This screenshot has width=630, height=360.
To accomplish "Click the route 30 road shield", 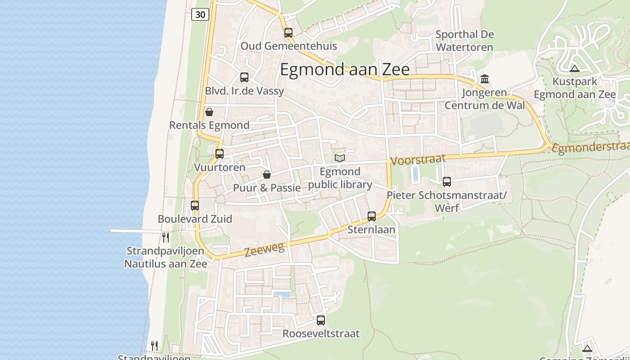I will [x=200, y=14].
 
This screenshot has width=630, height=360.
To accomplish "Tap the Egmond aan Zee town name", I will [x=345, y=70].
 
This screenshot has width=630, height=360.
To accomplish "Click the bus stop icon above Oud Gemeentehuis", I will [x=288, y=33].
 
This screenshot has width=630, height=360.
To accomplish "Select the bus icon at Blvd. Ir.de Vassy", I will [x=244, y=77].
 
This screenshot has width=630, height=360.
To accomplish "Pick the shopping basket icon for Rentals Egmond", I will [x=209, y=112].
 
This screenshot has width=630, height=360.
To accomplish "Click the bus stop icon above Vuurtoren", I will [x=220, y=154].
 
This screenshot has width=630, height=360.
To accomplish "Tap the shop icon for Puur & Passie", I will [x=267, y=175].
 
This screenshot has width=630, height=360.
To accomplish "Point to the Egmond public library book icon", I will [x=340, y=158].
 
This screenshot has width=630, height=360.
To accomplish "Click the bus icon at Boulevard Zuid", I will [x=195, y=206].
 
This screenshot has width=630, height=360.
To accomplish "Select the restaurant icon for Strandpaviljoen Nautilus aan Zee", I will [x=166, y=237].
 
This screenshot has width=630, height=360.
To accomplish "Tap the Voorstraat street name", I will [x=418, y=159].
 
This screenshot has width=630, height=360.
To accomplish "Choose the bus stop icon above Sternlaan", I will [x=372, y=216].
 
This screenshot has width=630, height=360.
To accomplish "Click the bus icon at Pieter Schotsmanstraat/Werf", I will [x=446, y=182].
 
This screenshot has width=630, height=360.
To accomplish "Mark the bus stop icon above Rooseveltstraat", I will [x=321, y=320].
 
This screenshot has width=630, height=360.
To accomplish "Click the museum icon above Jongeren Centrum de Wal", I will [x=485, y=79].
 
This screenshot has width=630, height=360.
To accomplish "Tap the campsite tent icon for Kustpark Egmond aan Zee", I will [x=574, y=68].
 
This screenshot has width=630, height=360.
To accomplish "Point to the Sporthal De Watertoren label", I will [x=464, y=40].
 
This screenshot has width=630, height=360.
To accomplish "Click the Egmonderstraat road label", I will [x=590, y=148].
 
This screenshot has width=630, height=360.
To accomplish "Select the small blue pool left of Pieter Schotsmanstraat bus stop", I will [x=415, y=174].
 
